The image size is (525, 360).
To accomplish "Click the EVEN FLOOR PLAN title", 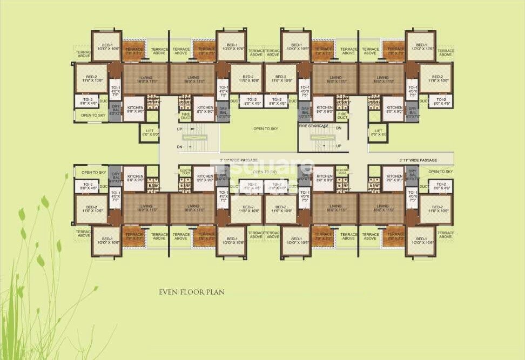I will pos(192,292).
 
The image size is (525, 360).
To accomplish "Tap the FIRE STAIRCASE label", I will pos(314,126).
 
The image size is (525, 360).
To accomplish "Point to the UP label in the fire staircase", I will pos(339,146).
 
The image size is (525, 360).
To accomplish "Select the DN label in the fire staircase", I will pos(338,127).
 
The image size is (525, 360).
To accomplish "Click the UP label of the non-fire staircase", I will pos(179,129).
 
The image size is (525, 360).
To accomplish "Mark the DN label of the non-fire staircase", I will pos(179,147).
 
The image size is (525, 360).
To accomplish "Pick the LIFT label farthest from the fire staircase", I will pos(151,132).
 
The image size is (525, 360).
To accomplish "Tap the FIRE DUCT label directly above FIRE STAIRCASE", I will pos(341,115).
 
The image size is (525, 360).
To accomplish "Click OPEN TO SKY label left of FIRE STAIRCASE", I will pos(266,129).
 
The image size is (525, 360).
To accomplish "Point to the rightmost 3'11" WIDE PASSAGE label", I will pos(418,160).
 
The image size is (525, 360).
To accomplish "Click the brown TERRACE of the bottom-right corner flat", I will pos(395,236).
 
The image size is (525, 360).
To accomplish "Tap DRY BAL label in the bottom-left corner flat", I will pos(116,176).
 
